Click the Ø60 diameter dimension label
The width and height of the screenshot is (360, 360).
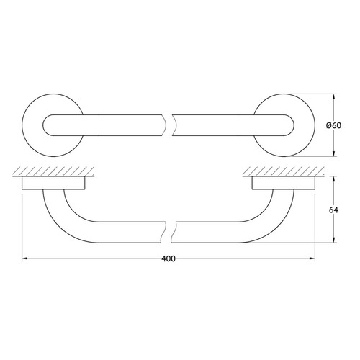point(333,125)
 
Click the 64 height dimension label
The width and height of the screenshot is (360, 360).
point(333,210)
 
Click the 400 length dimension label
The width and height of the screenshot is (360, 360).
point(168,258)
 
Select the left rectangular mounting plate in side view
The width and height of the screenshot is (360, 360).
point(53,183)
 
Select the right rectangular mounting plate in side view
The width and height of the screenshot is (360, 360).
point(284,183)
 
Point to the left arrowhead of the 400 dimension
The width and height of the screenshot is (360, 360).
point(24,258)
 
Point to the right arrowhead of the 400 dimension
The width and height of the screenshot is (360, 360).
point(312,258)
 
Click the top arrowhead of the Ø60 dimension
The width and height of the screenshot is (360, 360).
point(333,96)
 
